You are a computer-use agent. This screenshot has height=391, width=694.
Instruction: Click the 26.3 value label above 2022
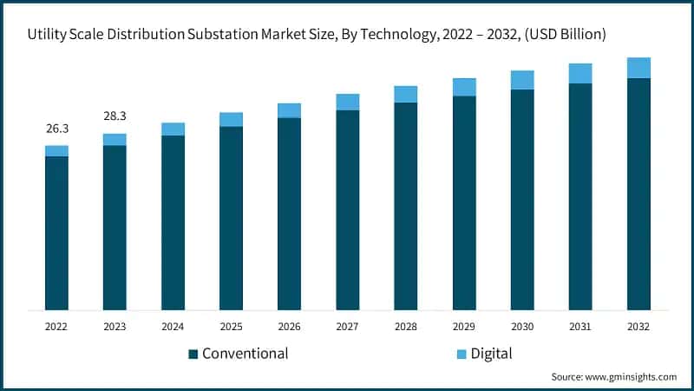(x=56, y=129)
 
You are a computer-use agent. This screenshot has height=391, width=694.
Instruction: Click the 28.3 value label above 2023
(x=115, y=116)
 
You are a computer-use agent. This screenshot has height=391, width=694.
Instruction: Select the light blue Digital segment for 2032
(x=638, y=68)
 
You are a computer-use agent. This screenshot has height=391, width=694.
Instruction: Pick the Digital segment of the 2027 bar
(x=347, y=102)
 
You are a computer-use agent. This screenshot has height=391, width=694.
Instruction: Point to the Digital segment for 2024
(x=173, y=129)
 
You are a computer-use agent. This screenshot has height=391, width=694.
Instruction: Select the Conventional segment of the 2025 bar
(x=231, y=217)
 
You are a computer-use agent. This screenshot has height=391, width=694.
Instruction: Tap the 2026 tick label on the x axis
(x=289, y=326)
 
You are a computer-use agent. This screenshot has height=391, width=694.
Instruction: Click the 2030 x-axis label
(x=522, y=326)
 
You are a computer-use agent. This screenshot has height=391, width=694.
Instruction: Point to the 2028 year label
(x=405, y=326)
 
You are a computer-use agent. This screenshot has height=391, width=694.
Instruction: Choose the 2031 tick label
(x=580, y=326)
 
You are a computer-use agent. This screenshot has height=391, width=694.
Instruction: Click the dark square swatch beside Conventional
(x=193, y=354)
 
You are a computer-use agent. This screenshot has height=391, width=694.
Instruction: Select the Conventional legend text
(x=245, y=354)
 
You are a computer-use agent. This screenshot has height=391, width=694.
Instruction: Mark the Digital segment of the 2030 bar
(x=522, y=80)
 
